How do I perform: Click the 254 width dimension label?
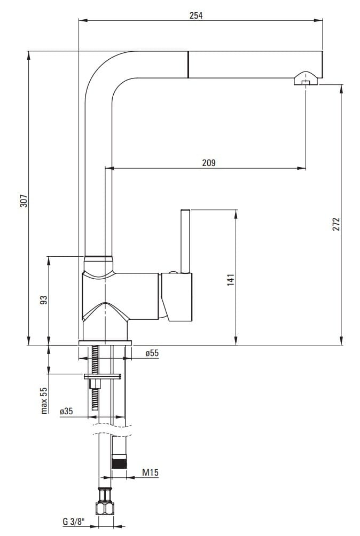[196, 15]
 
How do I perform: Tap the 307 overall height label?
[24, 201]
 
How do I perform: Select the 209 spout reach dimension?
[209, 163]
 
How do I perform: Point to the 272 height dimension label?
[336, 224]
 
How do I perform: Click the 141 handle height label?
[231, 280]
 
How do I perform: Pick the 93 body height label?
[44, 300]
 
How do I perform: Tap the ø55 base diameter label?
[152, 353]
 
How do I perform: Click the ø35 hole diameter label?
[66, 411]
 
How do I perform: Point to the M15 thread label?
[151, 472]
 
